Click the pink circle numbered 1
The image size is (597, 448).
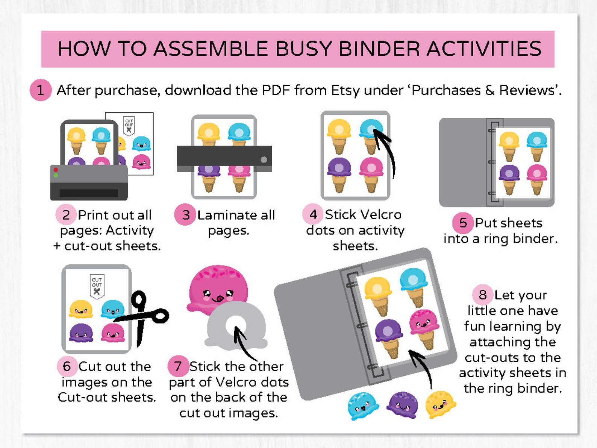41,90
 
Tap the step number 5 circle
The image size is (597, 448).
463,223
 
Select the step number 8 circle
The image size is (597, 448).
483,295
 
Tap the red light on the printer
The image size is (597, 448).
56,170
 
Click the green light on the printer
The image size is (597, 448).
56,175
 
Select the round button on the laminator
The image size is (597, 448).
264,159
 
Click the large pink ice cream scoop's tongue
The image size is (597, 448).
218,299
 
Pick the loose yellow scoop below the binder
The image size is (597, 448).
440,404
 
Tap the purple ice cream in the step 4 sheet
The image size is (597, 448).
339,175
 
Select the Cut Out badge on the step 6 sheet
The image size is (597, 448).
97,286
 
